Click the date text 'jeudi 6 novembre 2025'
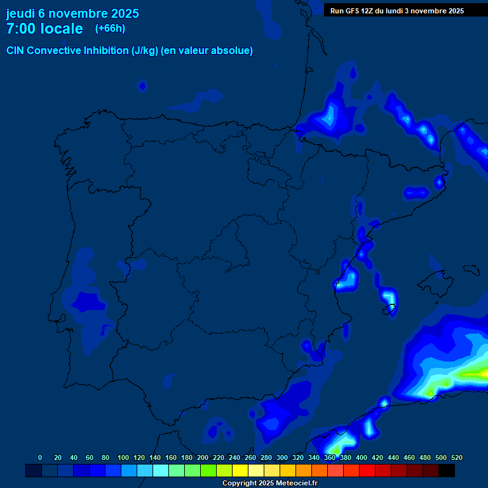[72, 13]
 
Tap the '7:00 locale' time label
[44, 29]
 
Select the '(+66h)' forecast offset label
[110, 29]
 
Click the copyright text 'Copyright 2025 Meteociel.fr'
[269, 483]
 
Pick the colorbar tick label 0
[40, 457]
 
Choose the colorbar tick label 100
[123, 457]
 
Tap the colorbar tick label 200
[203, 457]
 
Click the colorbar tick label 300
[282, 457]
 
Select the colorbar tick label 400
[362, 457]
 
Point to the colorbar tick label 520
[457, 457]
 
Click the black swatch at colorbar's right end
[447, 470]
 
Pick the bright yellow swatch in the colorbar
[240, 470]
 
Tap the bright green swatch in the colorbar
[208, 470]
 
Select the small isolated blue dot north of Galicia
[142, 85]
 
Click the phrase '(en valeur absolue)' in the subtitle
[208, 51]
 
